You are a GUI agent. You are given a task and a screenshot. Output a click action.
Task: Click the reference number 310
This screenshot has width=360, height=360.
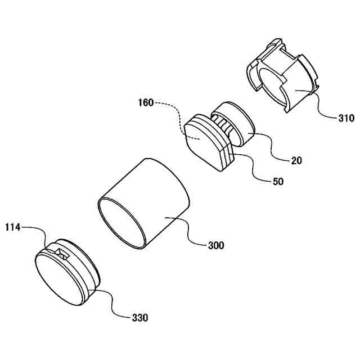pyautogui.click(x=346, y=118)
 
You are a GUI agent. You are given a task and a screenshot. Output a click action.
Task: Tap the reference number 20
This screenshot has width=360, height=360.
pyautogui.click(x=296, y=160)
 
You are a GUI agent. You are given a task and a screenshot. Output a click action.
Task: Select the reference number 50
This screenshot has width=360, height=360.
pyautogui.click(x=277, y=182)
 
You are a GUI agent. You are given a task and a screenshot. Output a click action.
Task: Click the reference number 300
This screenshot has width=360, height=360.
pyautogui.click(x=216, y=245)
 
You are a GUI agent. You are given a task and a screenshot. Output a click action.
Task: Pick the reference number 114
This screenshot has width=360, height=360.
pyautogui.click(x=13, y=227)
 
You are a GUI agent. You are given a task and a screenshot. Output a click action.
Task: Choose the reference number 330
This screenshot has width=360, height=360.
pyautogui.click(x=140, y=318)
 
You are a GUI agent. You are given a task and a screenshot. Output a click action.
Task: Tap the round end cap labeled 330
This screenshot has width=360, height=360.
pyautogui.click(x=67, y=273)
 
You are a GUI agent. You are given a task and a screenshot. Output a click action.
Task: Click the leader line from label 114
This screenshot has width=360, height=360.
pyautogui.click(x=37, y=231)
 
